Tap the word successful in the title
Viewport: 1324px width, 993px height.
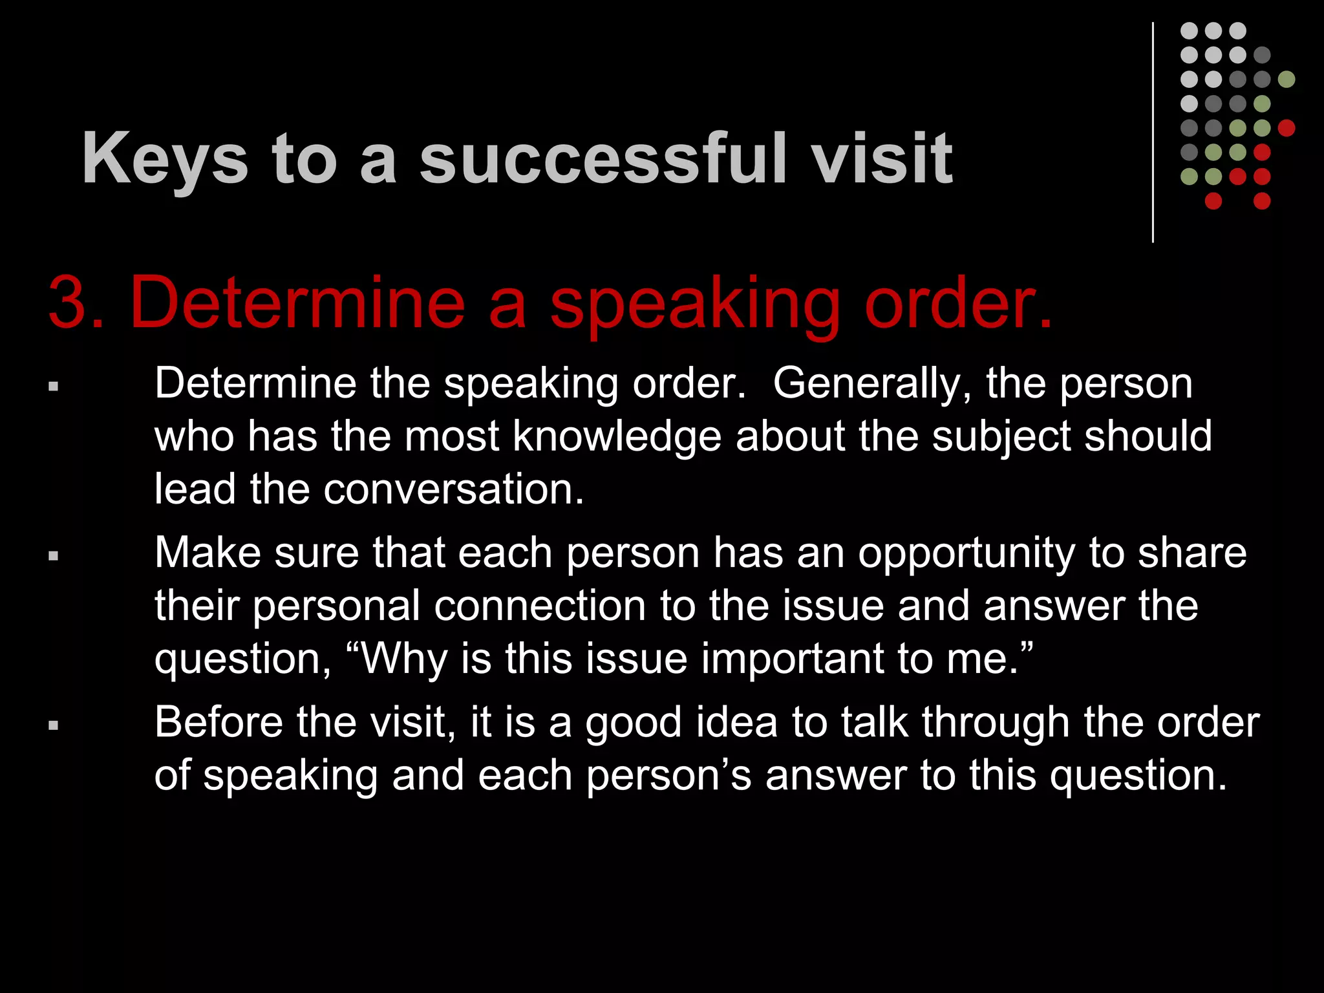[603, 158]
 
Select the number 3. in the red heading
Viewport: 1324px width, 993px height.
[76, 303]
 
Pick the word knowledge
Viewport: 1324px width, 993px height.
[617, 437]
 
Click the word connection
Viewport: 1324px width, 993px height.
[540, 606]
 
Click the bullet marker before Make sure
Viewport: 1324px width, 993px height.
[54, 555]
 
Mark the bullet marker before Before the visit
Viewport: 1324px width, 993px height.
[54, 725]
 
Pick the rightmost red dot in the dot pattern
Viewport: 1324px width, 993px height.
[1286, 128]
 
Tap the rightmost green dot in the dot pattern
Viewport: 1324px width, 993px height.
[1286, 80]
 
